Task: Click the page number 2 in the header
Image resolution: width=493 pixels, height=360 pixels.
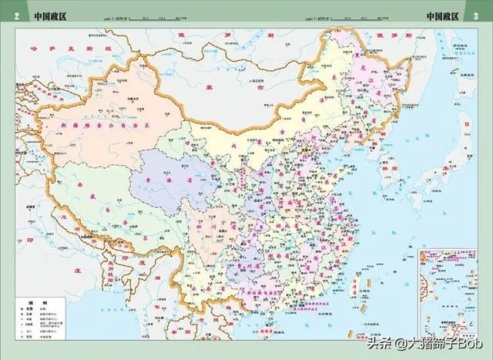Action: [x=16, y=16]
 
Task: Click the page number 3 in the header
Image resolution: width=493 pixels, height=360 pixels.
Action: [x=475, y=16]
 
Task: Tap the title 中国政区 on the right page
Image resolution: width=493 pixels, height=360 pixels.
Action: [x=442, y=16]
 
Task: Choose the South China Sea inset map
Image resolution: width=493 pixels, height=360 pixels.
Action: [x=452, y=296]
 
